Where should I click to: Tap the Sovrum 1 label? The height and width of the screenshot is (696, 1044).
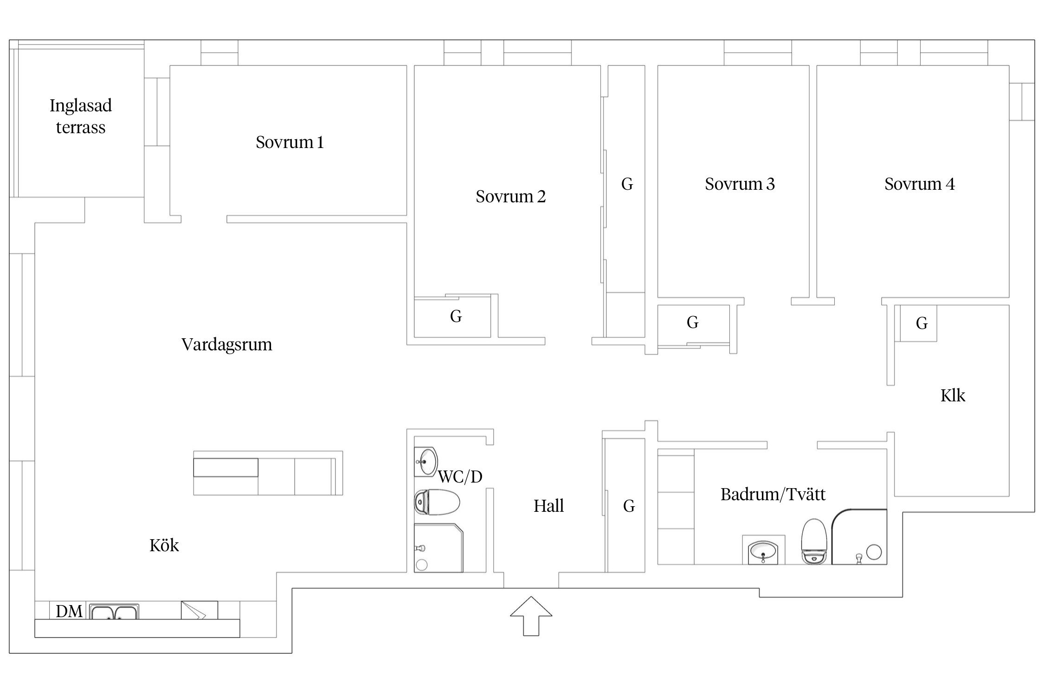(x=290, y=142)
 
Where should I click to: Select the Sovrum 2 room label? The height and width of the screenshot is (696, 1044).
(x=510, y=196)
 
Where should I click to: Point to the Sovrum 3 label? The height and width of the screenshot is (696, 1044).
(x=740, y=184)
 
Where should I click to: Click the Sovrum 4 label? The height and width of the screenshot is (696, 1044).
(x=919, y=184)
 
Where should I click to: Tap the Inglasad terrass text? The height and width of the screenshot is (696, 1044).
(x=81, y=116)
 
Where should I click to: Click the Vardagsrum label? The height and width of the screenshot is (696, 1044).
(x=226, y=344)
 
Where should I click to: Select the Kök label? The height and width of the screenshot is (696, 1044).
(x=164, y=545)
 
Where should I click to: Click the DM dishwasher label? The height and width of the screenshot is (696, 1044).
(x=69, y=611)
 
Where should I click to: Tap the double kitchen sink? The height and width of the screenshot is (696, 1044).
(x=114, y=612)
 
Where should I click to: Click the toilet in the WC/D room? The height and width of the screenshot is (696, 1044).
(x=436, y=503)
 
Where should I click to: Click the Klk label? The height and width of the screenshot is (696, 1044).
(x=953, y=395)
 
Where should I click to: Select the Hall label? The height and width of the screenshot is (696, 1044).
(x=548, y=506)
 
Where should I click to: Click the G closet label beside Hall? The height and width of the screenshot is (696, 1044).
(x=629, y=506)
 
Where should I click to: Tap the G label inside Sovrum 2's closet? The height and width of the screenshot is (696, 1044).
(x=456, y=316)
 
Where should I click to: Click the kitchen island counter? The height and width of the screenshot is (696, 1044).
(x=268, y=473)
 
